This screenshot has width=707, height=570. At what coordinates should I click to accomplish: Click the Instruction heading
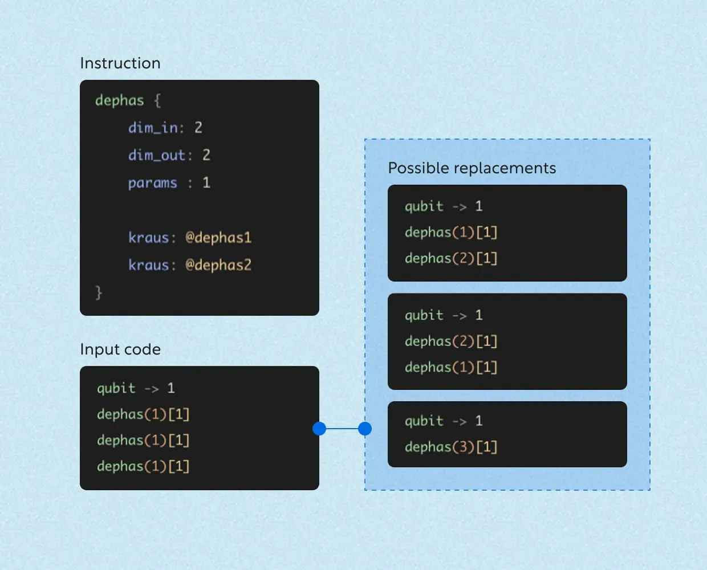pos(120,63)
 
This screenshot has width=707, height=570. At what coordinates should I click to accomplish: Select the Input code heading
pos(120,349)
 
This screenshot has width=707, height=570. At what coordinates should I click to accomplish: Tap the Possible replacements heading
pos(472,168)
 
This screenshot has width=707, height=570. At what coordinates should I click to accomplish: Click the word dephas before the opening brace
pos(119,100)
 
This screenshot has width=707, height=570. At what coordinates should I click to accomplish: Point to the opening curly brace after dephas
pos(157,100)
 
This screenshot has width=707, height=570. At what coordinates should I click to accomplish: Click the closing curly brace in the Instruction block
pos(99,292)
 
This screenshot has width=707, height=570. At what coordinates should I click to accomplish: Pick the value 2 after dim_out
pos(206,155)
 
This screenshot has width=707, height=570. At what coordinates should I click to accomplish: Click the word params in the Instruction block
pos(152,183)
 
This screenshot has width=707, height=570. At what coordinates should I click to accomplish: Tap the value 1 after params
pos(206,183)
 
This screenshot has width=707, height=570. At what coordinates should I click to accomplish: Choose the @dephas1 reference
pos(218,238)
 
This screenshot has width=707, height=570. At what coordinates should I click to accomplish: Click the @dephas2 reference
pos(218,265)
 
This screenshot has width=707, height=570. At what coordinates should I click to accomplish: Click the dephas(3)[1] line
pos(451,447)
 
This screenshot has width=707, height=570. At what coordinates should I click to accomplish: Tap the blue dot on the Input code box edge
pos(319,429)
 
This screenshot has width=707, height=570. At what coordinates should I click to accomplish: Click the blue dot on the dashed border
pos(365,429)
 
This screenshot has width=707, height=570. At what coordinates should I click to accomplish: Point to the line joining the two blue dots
pos(342,429)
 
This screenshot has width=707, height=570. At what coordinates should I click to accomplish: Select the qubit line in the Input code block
pos(136,388)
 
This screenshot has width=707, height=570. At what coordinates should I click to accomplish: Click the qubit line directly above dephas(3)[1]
pos(444,421)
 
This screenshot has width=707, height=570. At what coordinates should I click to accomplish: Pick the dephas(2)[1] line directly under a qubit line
pos(451,341)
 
